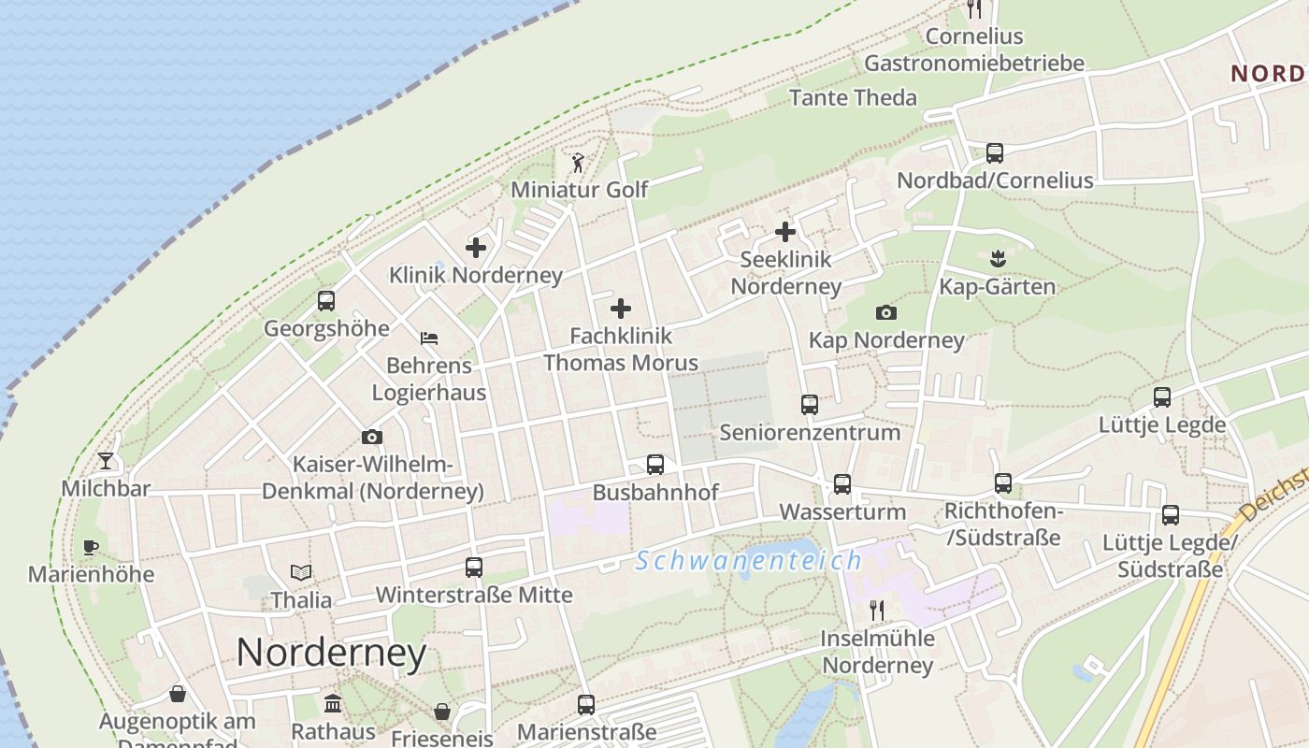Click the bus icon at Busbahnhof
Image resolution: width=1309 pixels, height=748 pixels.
[655, 465]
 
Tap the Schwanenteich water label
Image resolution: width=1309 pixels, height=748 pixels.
[748, 561]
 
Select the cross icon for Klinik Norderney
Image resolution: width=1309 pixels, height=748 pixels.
[476, 248]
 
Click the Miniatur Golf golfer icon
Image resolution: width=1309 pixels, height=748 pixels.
[578, 163]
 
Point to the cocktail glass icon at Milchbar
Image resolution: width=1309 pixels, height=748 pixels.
[106, 461]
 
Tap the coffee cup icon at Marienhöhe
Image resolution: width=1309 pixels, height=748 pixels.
[91, 547]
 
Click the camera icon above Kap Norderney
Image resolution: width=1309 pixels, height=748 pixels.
[885, 312]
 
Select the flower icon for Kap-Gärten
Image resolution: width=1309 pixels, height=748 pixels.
[997, 259]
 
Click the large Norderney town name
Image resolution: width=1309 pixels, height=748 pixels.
[331, 653]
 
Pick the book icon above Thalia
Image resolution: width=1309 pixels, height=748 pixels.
[301, 572]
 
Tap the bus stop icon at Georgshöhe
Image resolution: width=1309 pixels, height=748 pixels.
[325, 301]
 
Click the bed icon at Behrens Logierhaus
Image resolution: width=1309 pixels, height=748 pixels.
[429, 338]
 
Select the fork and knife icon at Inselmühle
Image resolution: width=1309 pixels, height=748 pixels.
[877, 611]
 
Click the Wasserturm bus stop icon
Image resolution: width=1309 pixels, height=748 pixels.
[842, 484]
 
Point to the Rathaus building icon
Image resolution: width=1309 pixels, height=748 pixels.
[333, 704]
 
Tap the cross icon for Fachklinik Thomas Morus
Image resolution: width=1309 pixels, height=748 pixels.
[621, 309]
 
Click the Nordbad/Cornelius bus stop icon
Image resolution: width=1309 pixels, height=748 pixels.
[995, 152]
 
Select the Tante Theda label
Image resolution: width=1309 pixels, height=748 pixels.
[853, 97]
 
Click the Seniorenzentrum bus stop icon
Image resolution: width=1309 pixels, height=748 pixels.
[810, 405]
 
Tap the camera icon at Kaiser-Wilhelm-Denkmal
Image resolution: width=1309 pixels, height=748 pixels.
[372, 437]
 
